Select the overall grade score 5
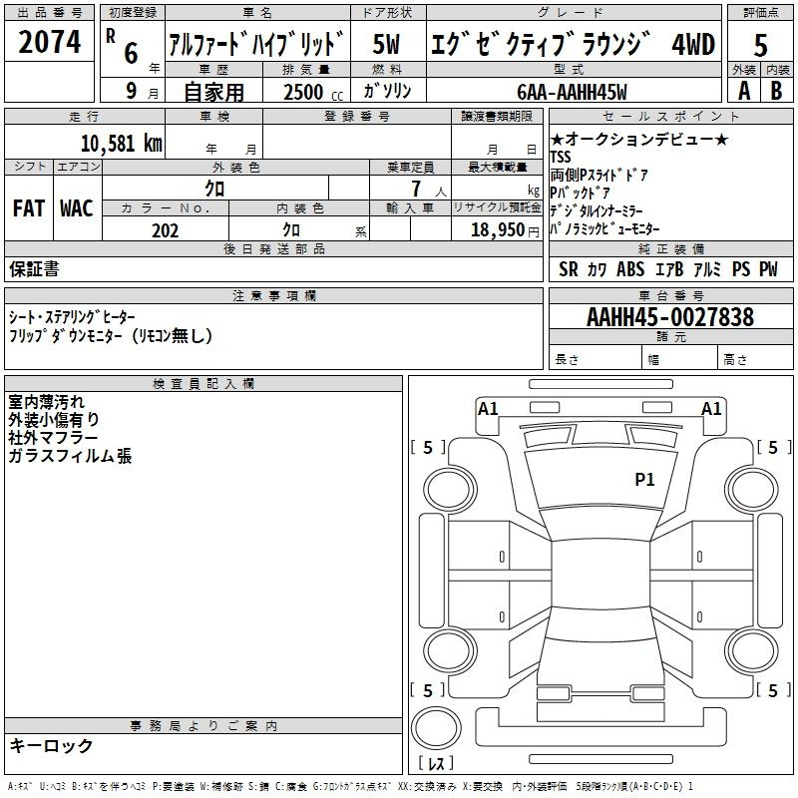pos(760,45)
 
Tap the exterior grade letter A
pos(743,90)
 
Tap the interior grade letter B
pos(776,90)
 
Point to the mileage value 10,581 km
pos(121,143)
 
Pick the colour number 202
pos(165,230)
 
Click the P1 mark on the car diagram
pos(644,480)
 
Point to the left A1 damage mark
pos(488,408)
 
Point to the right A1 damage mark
pos(711,408)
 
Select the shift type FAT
pos(28,208)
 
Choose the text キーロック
pos(51,746)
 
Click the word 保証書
pos(34,268)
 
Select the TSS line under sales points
pos(561,157)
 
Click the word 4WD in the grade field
pos(692,45)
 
